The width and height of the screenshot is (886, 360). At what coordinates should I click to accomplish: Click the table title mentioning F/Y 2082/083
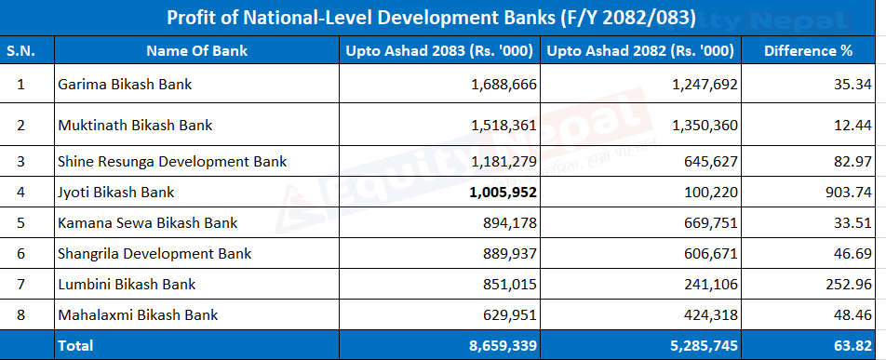tap(431, 18)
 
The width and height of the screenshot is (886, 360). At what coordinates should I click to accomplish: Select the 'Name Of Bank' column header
tap(196, 51)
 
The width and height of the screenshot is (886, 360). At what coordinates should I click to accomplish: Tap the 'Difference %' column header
tap(808, 51)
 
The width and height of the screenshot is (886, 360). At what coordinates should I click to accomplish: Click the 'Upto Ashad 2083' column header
tap(439, 51)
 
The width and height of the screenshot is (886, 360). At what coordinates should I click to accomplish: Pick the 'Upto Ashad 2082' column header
tap(640, 51)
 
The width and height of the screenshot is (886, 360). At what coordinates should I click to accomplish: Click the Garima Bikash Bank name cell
tap(125, 85)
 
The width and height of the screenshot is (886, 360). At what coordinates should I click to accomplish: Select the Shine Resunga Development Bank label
tap(172, 162)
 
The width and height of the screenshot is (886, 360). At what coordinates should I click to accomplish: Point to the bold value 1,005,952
tap(503, 193)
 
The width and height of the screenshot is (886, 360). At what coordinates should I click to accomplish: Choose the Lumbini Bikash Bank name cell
tap(127, 284)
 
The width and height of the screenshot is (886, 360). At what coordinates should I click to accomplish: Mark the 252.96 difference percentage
tap(849, 285)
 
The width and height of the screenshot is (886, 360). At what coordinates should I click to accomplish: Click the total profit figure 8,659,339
tap(503, 345)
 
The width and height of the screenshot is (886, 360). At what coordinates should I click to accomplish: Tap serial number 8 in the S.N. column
tap(21, 314)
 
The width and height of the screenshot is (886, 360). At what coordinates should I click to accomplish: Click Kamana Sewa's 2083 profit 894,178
tap(511, 223)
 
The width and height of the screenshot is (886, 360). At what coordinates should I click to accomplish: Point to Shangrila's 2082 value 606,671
tap(712, 254)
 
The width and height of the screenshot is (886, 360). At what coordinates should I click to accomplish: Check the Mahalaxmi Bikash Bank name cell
tap(138, 314)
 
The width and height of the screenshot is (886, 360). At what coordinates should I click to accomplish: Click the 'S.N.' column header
tap(20, 51)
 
